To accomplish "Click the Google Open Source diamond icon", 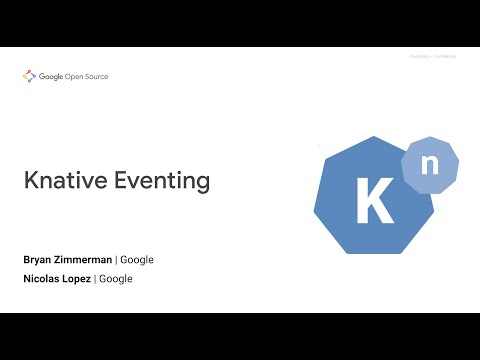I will point(28,77).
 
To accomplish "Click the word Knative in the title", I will point(64,181).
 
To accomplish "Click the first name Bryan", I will point(38,260).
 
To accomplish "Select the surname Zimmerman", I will point(83,260).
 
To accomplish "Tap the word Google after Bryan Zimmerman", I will point(137,260).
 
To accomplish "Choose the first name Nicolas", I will point(43,279).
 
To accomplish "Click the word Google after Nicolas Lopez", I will point(116,279).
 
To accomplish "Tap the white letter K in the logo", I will point(374,200).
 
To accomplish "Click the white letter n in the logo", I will point(429,166).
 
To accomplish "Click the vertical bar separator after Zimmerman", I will point(116,260).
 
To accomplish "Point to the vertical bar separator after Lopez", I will point(95,279).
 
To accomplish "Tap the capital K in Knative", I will point(31,181).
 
